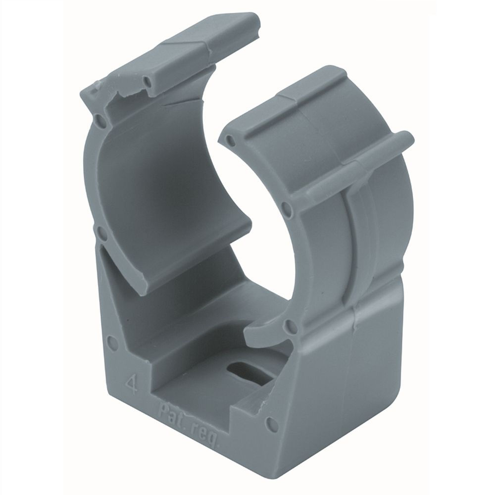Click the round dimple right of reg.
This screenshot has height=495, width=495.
click(271, 423)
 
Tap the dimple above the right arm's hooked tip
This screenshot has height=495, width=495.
click(292, 325)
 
